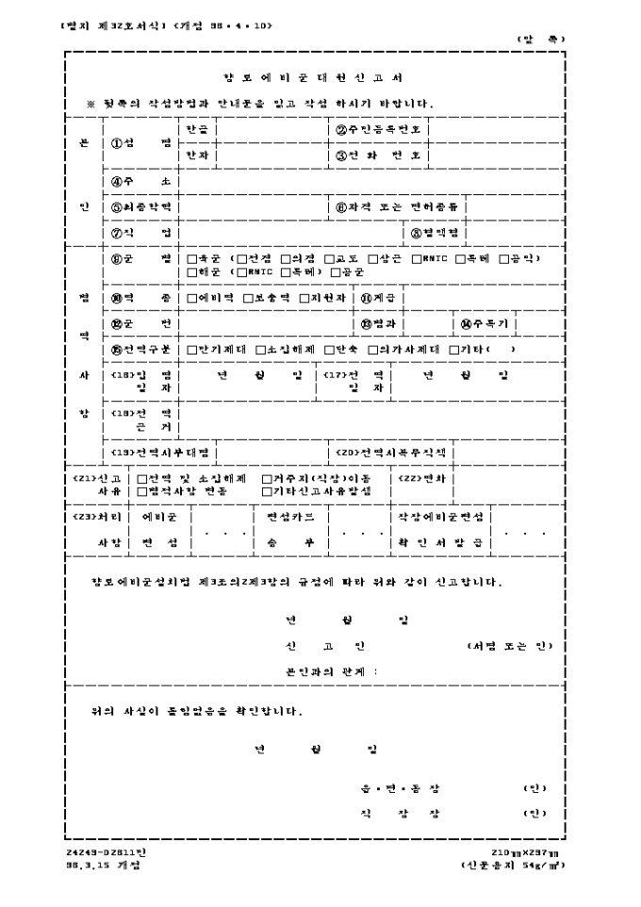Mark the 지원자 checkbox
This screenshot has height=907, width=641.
pos(304,298)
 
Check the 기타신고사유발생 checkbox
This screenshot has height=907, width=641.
pos(267,491)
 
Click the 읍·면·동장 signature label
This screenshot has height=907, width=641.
pos(401,788)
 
